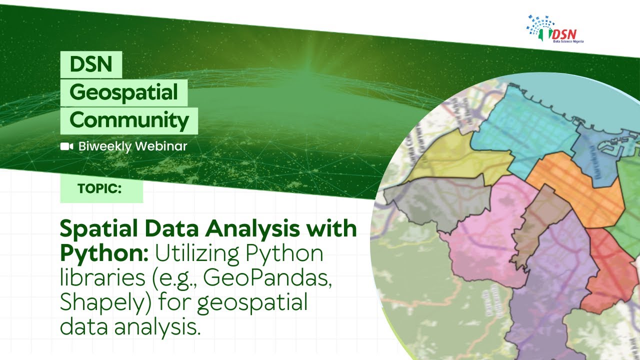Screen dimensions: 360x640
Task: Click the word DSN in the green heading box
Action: pyautogui.click(x=90, y=64)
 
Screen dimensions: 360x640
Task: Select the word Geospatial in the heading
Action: pyautogui.click(x=123, y=92)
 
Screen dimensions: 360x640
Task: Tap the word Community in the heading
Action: pyautogui.click(x=129, y=120)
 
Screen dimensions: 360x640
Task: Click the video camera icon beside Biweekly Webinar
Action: pyautogui.click(x=66, y=146)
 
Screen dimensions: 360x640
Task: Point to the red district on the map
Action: pyautogui.click(x=607, y=270)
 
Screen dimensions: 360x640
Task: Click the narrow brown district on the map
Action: pyautogui.click(x=537, y=220)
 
